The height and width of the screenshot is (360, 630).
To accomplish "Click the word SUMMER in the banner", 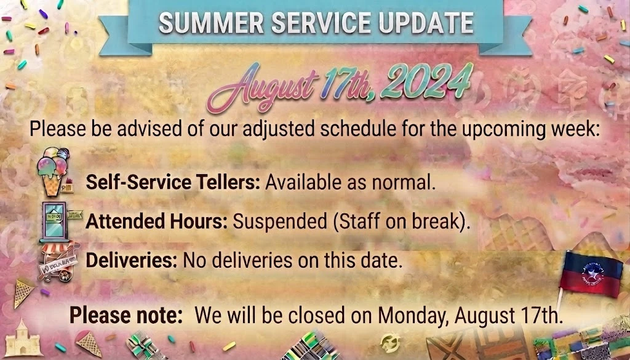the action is [212, 23].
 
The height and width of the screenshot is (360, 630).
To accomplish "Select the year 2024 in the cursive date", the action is [426, 82].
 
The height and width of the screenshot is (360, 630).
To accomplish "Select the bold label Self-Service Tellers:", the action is [173, 183].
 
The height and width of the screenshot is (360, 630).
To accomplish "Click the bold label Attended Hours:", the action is [157, 222].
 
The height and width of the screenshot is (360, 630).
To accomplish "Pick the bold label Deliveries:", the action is [132, 260].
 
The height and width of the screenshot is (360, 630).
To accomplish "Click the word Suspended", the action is [280, 222].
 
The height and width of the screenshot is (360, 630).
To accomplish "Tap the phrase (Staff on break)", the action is [402, 222].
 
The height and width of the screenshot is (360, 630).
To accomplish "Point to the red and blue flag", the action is [591, 275].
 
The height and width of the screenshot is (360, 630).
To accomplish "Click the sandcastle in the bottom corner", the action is [23, 338].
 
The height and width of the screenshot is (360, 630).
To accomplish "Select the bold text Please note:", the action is [126, 316].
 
